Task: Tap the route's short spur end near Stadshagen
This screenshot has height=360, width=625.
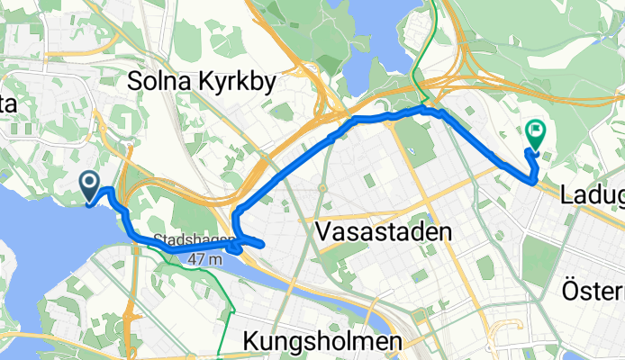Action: pos(261,244)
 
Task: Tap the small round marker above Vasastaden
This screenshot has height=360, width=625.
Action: pos(322,188)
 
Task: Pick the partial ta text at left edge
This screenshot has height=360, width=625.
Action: pos(9,105)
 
